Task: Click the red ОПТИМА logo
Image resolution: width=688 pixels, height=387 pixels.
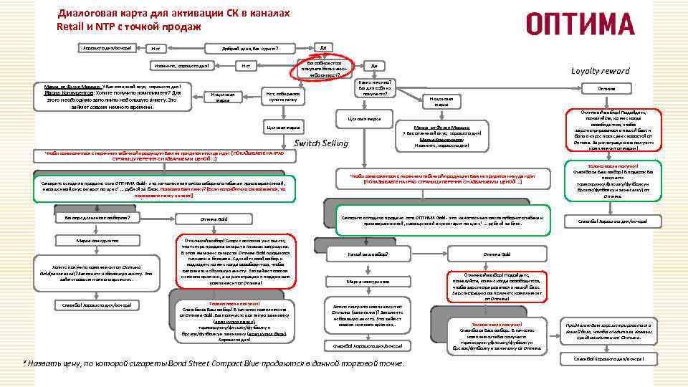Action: pyautogui.click(x=580, y=23)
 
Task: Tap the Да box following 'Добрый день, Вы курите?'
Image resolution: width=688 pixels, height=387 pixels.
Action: pyautogui.click(x=323, y=47)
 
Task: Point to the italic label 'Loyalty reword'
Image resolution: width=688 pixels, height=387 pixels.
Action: pyautogui.click(x=600, y=71)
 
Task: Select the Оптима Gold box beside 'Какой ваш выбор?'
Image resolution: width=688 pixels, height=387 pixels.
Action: pyautogui.click(x=497, y=254)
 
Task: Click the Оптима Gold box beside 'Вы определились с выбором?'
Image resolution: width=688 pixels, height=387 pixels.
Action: pyautogui.click(x=214, y=219)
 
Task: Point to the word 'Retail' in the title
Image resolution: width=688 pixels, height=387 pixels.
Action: pyautogui.click(x=72, y=27)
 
